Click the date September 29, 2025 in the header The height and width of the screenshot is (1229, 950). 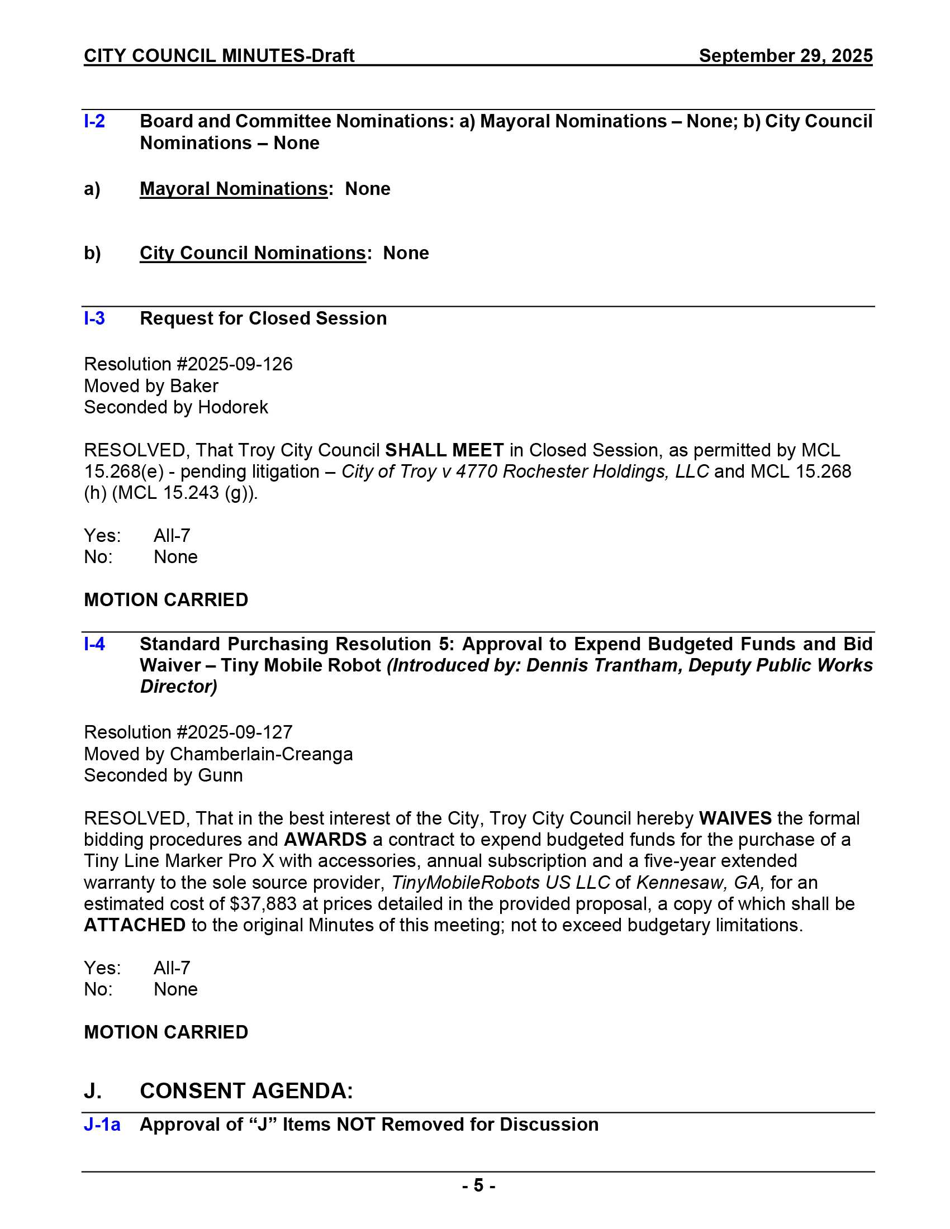(x=785, y=56)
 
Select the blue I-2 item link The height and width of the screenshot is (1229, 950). (x=94, y=122)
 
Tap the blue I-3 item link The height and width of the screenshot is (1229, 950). (x=94, y=318)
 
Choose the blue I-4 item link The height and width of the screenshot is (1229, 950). (x=94, y=644)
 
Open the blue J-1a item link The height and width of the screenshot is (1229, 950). (x=102, y=1125)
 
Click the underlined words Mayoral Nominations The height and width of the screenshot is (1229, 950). (x=234, y=188)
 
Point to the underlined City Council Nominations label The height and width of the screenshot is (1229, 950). (x=253, y=253)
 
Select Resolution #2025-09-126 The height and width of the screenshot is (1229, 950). (x=188, y=364)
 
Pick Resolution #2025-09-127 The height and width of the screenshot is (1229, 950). (x=188, y=732)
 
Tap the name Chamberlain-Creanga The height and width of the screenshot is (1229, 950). (x=261, y=754)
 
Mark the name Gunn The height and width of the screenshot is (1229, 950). (x=220, y=775)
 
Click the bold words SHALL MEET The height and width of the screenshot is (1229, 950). (x=444, y=450)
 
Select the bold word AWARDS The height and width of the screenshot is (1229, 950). (x=325, y=840)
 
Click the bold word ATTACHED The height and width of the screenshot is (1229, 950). (x=135, y=925)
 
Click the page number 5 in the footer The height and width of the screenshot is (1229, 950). (x=478, y=1185)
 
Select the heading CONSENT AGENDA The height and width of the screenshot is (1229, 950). (x=246, y=1091)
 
